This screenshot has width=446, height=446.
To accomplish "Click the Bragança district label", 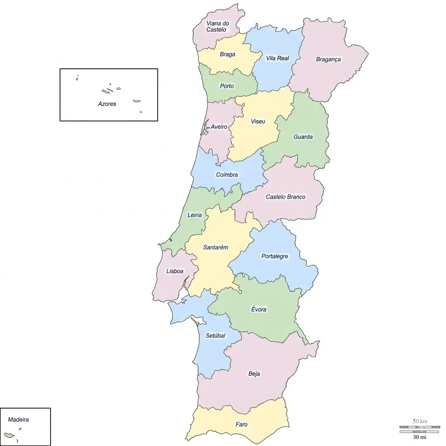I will (328, 59).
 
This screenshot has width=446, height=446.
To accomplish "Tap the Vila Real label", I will (277, 58).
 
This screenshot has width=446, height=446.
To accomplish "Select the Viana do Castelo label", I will (217, 27).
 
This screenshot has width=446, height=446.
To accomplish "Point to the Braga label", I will (227, 54).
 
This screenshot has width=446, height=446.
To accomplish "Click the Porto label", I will (226, 86).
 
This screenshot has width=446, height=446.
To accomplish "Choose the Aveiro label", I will (219, 127).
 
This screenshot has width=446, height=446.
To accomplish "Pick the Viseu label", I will (258, 121).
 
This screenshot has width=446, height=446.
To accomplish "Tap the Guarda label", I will (303, 137).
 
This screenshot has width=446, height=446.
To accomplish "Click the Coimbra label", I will (227, 175).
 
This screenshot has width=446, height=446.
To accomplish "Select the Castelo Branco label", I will (286, 197).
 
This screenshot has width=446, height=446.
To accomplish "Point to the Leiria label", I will (195, 215).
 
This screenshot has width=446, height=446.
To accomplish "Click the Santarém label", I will (216, 247).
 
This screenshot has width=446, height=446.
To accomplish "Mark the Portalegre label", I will (274, 256).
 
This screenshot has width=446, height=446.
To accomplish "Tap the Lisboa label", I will (175, 271).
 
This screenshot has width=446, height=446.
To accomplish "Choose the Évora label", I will (259, 309).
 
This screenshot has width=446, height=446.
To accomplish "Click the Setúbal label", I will (216, 335).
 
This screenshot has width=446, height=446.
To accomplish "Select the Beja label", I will (254, 374).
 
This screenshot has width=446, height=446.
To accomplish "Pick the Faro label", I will (241, 424).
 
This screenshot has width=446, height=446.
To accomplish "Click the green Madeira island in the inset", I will (8, 435).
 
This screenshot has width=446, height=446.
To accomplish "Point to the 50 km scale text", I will (420, 421).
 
